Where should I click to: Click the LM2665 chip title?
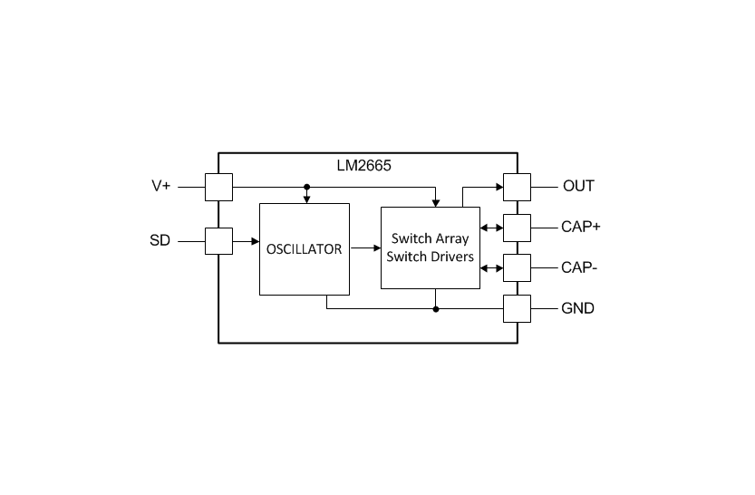[x=364, y=166]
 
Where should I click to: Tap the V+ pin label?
[x=161, y=186]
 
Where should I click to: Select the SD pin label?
[x=160, y=240]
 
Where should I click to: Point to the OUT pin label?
[x=578, y=186]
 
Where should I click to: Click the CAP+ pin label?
[x=581, y=227]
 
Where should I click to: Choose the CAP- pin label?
[x=579, y=267]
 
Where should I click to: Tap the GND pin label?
[x=578, y=308]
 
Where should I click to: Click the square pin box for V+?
[x=219, y=188]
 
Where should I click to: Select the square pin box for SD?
[x=219, y=241]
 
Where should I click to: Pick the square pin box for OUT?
[x=518, y=188]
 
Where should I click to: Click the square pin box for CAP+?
[x=518, y=228]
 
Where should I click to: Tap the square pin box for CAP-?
[x=518, y=267]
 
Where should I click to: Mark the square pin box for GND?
[x=518, y=308]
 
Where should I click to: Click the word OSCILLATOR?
[x=305, y=249]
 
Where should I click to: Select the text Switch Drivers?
[x=430, y=257]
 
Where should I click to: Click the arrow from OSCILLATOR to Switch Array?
[x=365, y=248]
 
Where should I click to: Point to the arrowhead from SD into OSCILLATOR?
[x=256, y=241]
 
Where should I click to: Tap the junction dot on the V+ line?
[x=306, y=187]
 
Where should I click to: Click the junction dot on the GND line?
[x=436, y=309]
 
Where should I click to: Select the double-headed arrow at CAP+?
[x=491, y=228]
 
